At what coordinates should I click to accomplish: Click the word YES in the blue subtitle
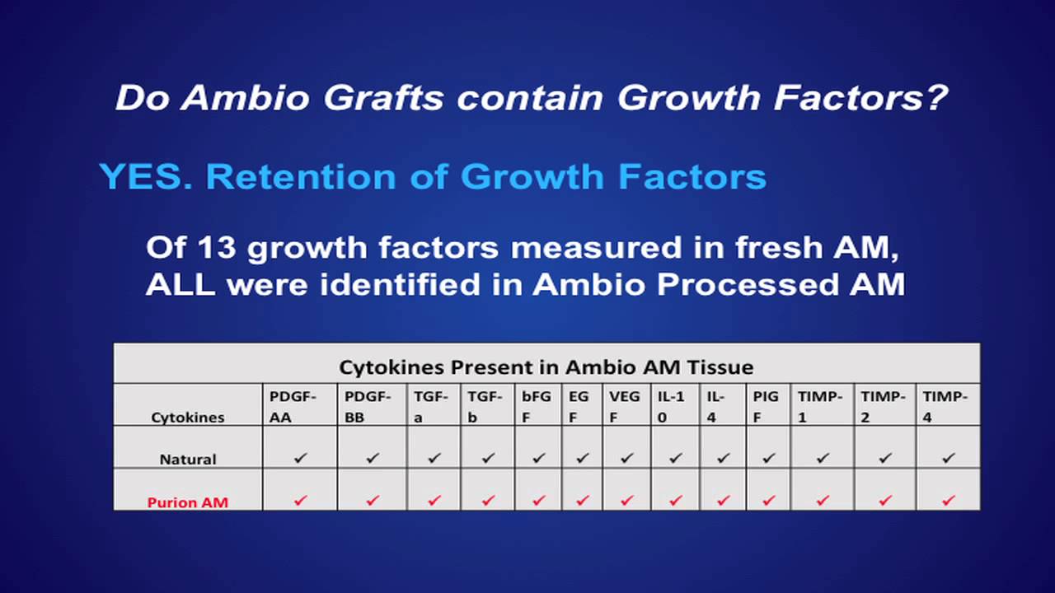pyautogui.click(x=145, y=177)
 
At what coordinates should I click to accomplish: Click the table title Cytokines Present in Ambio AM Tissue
pyautogui.click(x=546, y=367)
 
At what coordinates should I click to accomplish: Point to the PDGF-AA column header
pyautogui.click(x=293, y=406)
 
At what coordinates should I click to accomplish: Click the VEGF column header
pyautogui.click(x=625, y=406)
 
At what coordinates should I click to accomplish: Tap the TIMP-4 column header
pyautogui.click(x=945, y=406)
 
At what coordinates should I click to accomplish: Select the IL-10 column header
pyautogui.click(x=671, y=406)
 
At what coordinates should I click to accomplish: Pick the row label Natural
pyautogui.click(x=188, y=459)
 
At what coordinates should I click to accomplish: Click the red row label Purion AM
pyautogui.click(x=188, y=502)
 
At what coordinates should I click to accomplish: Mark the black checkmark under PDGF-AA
pyautogui.click(x=300, y=458)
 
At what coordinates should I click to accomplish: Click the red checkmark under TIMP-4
pyautogui.click(x=948, y=500)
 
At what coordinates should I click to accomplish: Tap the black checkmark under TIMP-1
pyautogui.click(x=823, y=458)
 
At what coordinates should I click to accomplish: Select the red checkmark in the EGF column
pyautogui.click(x=583, y=500)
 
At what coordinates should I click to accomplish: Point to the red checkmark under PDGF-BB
pyautogui.click(x=372, y=500)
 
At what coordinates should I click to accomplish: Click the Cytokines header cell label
pyautogui.click(x=188, y=417)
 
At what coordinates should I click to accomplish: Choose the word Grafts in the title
pyautogui.click(x=382, y=97)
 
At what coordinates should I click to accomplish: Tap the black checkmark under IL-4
pyautogui.click(x=724, y=458)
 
